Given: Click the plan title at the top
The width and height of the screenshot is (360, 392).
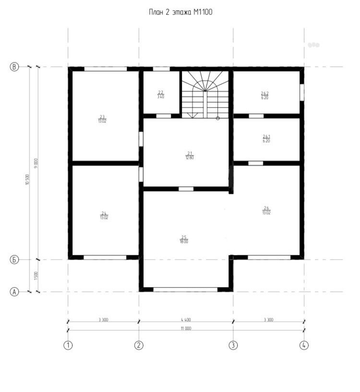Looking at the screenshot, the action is point(180,12).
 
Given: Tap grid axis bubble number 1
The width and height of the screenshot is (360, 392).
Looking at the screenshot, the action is point(68,344).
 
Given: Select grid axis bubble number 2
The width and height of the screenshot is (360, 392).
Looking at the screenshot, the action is point(139,344).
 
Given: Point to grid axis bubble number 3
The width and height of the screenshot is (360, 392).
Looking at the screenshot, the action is point(233,344).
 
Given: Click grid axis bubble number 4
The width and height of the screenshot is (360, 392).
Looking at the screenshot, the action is point(304,344).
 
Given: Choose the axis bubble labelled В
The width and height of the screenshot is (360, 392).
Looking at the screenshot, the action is point(14,67).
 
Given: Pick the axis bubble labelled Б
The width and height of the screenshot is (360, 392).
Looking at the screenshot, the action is point(14,260).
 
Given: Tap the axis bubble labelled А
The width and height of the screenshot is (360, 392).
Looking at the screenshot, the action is point(14,291).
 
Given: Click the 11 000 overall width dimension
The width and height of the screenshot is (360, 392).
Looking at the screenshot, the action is point(186,328).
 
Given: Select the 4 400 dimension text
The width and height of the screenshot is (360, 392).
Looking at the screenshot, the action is point(186,319).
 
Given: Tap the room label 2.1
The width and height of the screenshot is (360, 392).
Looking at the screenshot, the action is point(190,155).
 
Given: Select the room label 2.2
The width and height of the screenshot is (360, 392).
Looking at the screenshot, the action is point(161,94).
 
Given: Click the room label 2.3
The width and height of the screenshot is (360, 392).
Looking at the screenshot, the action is point(102,118).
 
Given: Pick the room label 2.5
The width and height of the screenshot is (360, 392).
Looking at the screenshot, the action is point(184,239).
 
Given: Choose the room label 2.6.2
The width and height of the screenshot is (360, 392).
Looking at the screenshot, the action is point(264,95).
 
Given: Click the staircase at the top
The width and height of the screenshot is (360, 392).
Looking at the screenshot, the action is point(205,94).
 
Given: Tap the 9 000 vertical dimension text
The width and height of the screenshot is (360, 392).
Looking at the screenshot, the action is point(36,163).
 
